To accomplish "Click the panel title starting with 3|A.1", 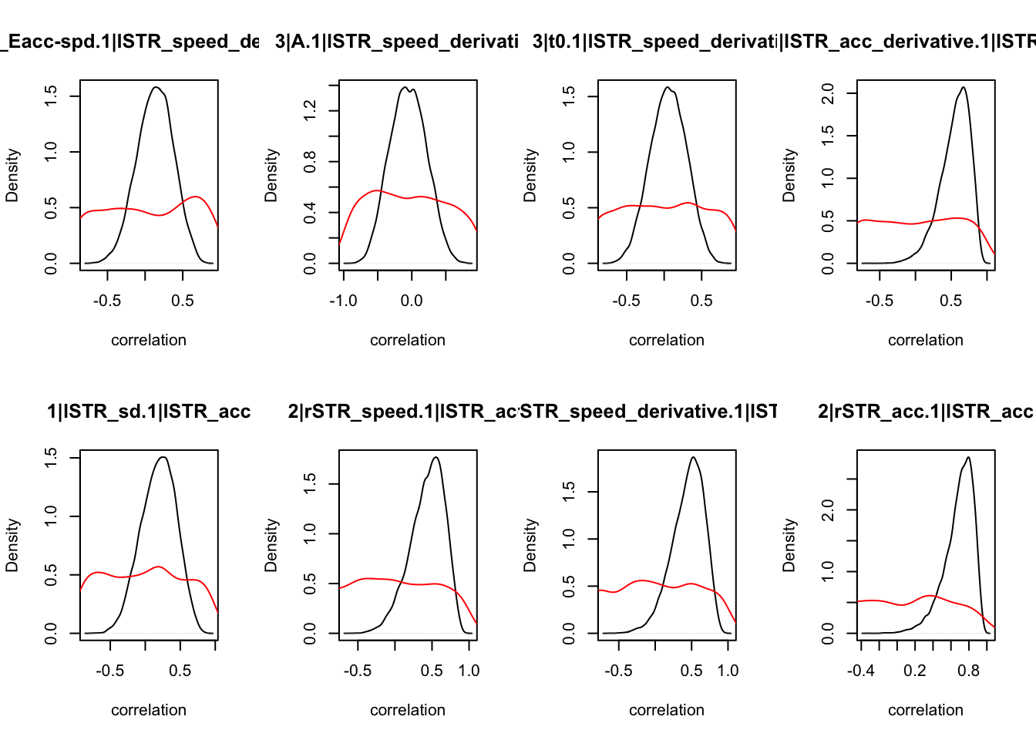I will click(x=397, y=42).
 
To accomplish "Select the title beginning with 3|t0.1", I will click(x=655, y=42).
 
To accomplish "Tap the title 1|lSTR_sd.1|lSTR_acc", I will click(x=149, y=412).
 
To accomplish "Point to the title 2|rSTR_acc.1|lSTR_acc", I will click(x=925, y=412).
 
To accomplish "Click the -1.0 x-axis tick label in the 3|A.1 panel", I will click(x=343, y=301).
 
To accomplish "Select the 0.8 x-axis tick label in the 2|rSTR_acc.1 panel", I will click(x=969, y=671).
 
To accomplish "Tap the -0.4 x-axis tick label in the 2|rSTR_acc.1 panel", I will click(x=861, y=671).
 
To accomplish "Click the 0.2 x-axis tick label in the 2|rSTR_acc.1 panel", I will click(x=915, y=671).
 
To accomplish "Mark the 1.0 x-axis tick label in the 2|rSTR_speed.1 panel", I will click(x=469, y=671).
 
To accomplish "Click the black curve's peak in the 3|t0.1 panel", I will click(x=668, y=87).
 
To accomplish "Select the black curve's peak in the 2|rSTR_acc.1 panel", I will click(x=968, y=457).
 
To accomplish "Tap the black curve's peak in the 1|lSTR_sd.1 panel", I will click(x=163, y=457).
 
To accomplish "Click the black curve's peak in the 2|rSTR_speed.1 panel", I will click(x=436, y=457).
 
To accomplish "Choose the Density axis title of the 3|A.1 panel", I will click(x=271, y=176).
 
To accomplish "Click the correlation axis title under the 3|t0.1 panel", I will click(x=667, y=340).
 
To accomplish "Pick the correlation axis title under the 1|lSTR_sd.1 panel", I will click(x=149, y=710).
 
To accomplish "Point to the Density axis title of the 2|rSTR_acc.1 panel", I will click(x=789, y=545).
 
